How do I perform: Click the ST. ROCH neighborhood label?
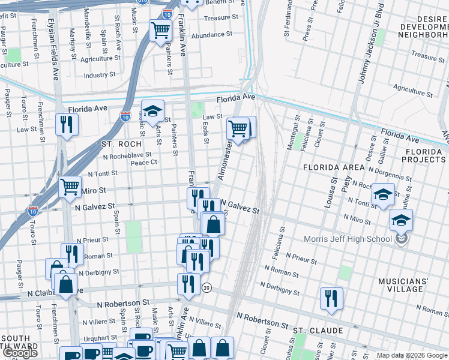[121, 144]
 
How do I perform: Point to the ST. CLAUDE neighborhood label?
[318, 331]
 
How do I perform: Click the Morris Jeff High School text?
[342, 239]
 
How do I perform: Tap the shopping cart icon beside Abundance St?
[160, 29]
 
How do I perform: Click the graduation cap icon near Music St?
[152, 110]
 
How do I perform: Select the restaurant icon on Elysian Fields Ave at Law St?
[67, 124]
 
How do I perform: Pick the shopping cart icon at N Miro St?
[70, 187]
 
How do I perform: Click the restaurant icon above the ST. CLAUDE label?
[331, 298]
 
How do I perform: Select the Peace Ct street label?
[144, 162]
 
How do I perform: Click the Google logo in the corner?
[20, 353]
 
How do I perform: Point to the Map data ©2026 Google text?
[412, 355]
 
